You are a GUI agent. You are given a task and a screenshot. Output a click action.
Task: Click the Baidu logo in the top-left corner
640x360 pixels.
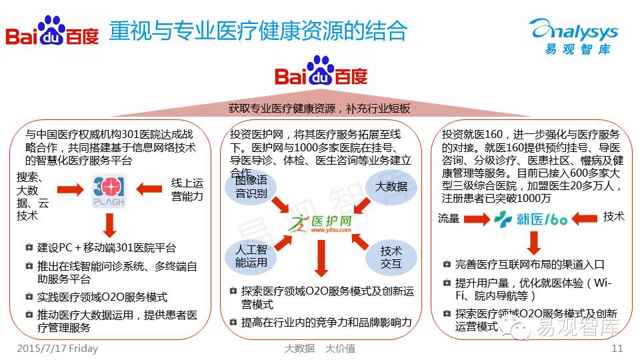point(52,31)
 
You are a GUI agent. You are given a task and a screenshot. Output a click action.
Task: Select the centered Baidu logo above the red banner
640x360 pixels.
point(321,72)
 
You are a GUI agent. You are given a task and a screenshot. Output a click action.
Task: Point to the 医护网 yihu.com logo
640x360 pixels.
point(322,224)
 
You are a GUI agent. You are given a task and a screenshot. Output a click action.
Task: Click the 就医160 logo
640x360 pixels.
point(531,217)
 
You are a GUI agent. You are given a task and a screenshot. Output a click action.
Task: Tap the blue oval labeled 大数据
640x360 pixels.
point(391,187)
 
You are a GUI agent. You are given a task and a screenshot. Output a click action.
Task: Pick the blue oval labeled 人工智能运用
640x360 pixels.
point(251,257)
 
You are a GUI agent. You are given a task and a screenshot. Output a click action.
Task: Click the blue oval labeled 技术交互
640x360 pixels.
point(391,257)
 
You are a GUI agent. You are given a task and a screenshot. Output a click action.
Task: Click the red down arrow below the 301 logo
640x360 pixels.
point(109,225)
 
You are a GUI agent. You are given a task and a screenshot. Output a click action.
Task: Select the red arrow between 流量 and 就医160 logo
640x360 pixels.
point(477,218)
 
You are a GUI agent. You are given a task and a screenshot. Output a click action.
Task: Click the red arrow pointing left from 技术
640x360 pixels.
point(585,217)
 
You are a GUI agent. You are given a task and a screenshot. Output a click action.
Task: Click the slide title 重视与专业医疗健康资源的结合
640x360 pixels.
point(258,31)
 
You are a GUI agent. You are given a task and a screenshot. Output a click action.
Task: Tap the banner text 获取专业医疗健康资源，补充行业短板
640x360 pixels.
point(319,109)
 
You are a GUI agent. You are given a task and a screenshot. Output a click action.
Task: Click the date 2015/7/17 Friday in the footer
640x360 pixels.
point(57,348)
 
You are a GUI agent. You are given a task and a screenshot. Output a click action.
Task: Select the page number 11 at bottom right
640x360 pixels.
point(617,348)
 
